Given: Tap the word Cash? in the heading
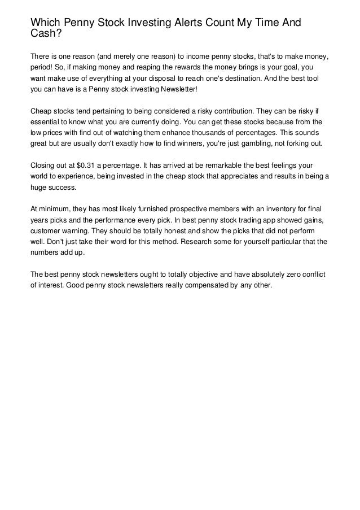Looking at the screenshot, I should click(46, 33).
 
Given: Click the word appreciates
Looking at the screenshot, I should click(212, 176).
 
